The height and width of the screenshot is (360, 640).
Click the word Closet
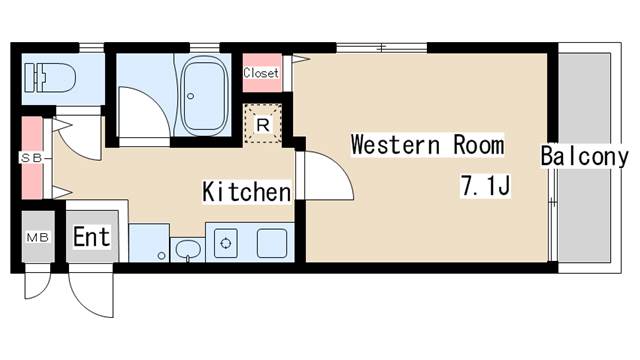click(x=261, y=72)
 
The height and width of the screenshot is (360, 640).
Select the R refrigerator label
click(x=262, y=125)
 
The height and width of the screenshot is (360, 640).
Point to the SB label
click(x=29, y=157)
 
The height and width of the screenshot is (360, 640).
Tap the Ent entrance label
click(x=91, y=238)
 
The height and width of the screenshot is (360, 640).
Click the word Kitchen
click(x=247, y=191)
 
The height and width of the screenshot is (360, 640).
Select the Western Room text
click(x=427, y=145)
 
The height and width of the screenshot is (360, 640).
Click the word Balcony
click(x=585, y=157)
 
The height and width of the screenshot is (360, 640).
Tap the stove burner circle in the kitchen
click(x=226, y=242)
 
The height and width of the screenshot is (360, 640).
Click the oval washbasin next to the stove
click(x=186, y=249)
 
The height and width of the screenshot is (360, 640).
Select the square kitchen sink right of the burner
click(x=272, y=242)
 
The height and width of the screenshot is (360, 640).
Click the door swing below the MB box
click(x=37, y=284)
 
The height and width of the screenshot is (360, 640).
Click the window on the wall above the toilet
click(x=91, y=46)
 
